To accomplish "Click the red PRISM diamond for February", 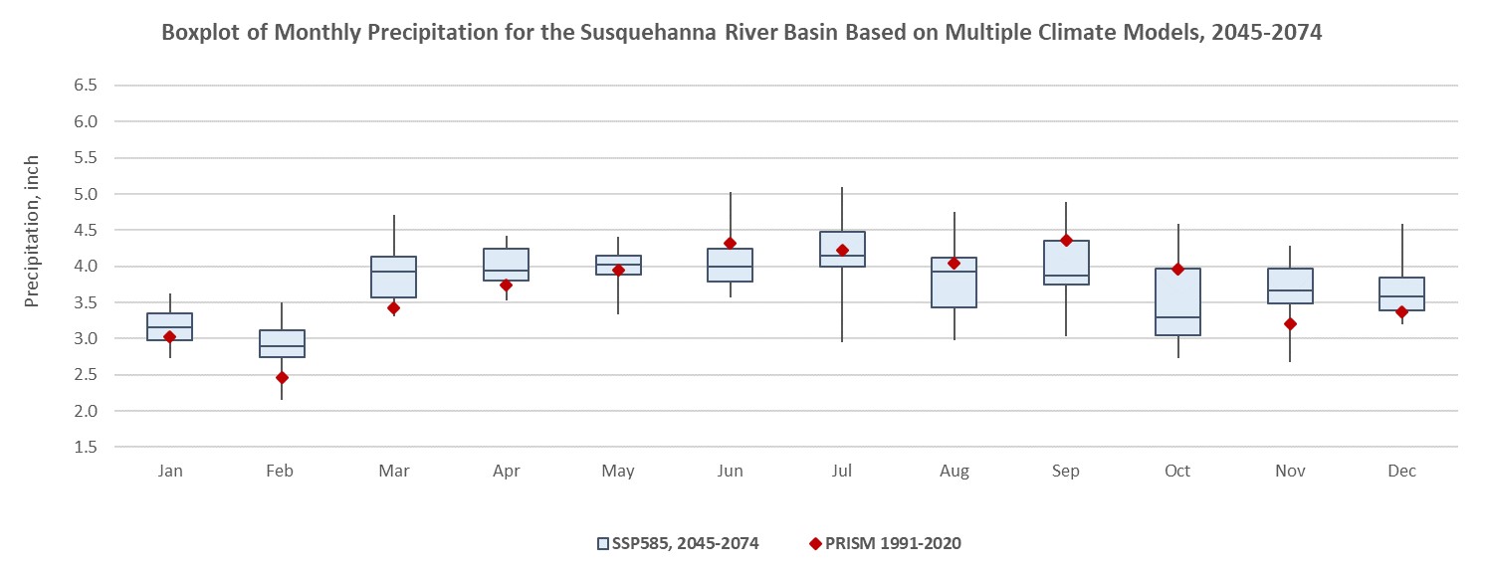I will (x=282, y=377).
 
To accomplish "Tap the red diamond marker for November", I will (x=1290, y=323).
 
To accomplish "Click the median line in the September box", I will (x=1066, y=276).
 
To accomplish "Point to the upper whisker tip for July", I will (x=842, y=188).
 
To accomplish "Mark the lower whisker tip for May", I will (x=618, y=313).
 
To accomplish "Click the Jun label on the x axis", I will (x=730, y=471).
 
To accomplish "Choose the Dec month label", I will (x=1401, y=471).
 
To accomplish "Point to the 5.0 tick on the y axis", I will (x=85, y=194).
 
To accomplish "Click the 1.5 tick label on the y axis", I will (x=85, y=447).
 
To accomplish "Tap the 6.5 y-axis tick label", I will (x=85, y=86).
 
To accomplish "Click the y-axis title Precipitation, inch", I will (x=33, y=230).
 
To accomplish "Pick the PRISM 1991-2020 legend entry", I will (x=885, y=543).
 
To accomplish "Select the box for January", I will (x=169, y=326).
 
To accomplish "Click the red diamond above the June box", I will (x=730, y=243).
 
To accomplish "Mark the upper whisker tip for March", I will (x=394, y=216).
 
